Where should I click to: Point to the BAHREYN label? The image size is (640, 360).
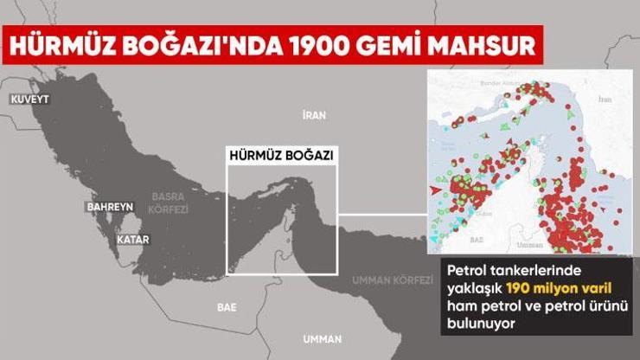point(109,208)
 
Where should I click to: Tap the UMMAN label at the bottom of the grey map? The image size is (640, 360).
point(321,338)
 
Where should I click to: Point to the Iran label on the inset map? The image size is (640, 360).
point(605,100)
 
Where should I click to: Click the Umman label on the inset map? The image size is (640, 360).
point(534,245)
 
